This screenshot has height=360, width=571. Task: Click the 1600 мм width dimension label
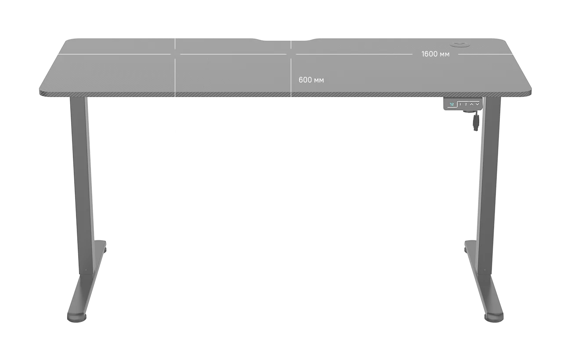coord(435,54)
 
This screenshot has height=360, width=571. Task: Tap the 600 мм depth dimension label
coord(311,80)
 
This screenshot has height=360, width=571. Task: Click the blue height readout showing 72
coord(452,104)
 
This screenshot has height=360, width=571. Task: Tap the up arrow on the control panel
coord(472,104)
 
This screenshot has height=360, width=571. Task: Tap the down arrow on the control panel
coord(477,104)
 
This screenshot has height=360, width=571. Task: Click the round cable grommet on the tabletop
coord(460,45)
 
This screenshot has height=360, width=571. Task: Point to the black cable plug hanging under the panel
coord(476,122)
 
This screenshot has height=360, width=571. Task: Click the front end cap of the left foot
coord(76,318)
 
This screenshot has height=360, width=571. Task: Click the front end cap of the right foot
coord(494,318)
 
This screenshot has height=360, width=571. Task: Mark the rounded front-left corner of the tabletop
coord(42,92)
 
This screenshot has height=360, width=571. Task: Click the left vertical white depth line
coord(175,68)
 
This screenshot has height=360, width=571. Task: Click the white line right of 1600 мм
coord(485,54)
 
